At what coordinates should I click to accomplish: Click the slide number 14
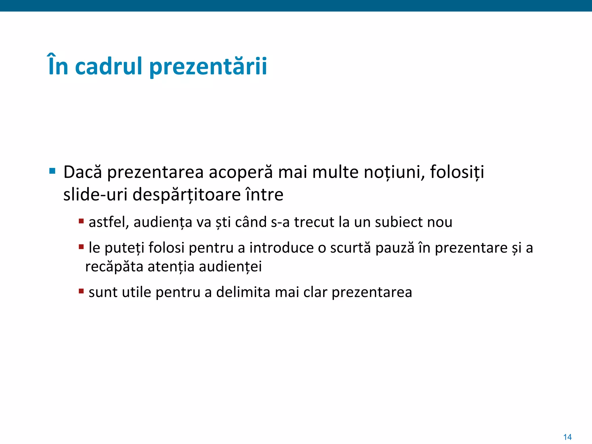pos(567,437)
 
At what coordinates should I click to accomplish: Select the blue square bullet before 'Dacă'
pos(52,171)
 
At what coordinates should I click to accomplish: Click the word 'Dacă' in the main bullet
pos(83,172)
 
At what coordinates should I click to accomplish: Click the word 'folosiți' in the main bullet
pos(457,172)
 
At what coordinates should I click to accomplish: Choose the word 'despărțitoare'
pos(186,195)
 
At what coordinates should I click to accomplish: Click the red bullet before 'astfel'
pos(81,221)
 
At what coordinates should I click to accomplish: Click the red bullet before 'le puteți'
pos(81,247)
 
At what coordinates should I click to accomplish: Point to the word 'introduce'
pos(282,248)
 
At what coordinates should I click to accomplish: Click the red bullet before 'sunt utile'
pos(81,291)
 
